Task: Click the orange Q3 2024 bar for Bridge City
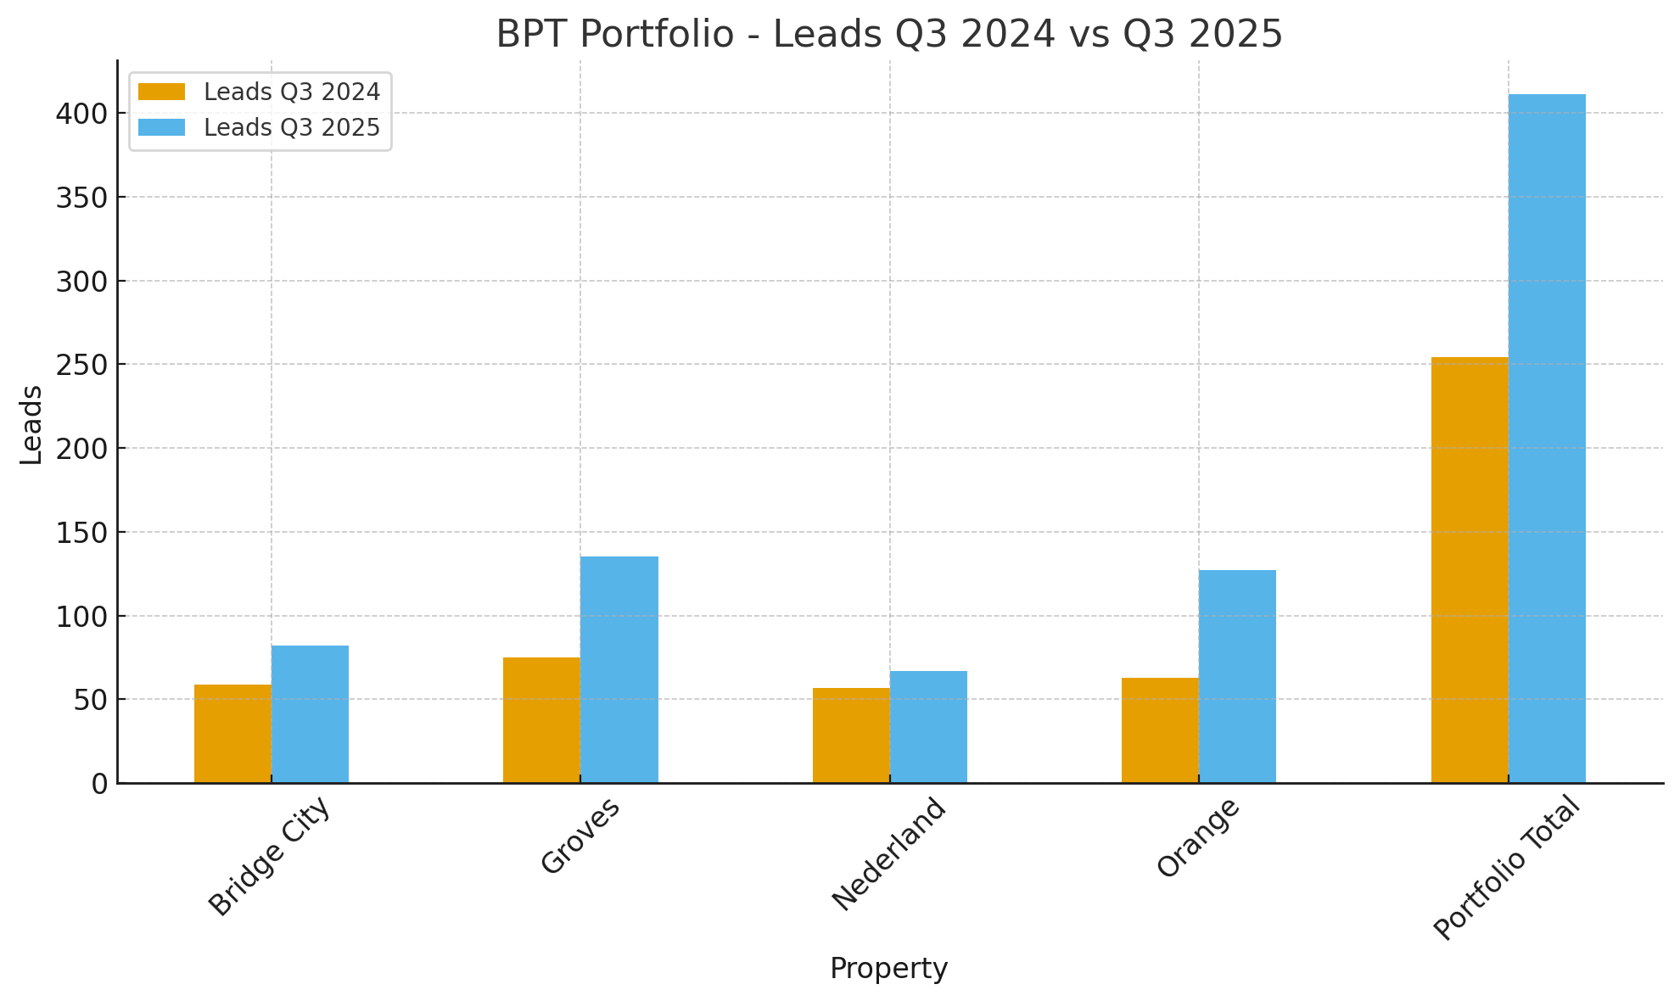point(232,733)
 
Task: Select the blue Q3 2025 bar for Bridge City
point(310,713)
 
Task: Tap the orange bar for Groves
point(541,719)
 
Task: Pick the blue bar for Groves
point(619,669)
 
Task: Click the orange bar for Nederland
point(851,735)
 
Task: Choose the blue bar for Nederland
point(928,726)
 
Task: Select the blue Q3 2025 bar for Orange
point(1237,676)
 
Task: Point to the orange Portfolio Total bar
point(1470,569)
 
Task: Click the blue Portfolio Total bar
point(1547,438)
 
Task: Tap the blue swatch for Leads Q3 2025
point(161,128)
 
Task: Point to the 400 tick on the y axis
point(81,114)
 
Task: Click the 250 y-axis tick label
point(81,365)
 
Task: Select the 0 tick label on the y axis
point(99,784)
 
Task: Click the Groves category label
point(580,836)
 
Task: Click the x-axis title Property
point(888,969)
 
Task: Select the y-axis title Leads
point(31,424)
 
